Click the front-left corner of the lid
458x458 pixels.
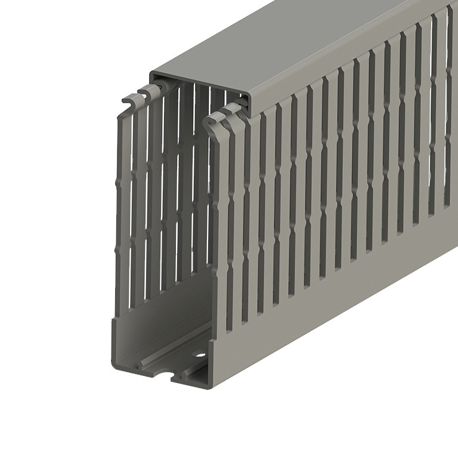click(x=153, y=75)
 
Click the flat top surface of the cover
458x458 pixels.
click(x=298, y=48)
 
